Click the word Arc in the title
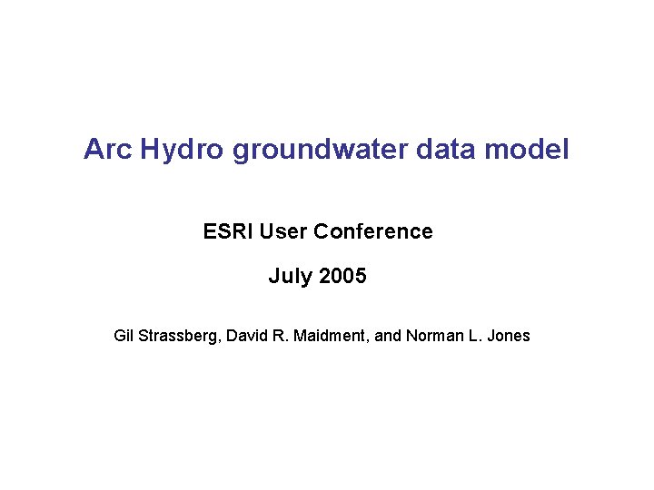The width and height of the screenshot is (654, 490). click(108, 149)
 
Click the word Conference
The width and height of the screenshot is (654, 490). click(372, 231)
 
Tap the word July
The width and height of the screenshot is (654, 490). click(289, 276)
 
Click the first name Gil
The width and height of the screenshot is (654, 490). click(124, 336)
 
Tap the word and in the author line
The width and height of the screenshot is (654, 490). click(388, 336)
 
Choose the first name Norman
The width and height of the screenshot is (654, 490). click(431, 336)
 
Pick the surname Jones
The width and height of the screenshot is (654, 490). click(508, 336)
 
